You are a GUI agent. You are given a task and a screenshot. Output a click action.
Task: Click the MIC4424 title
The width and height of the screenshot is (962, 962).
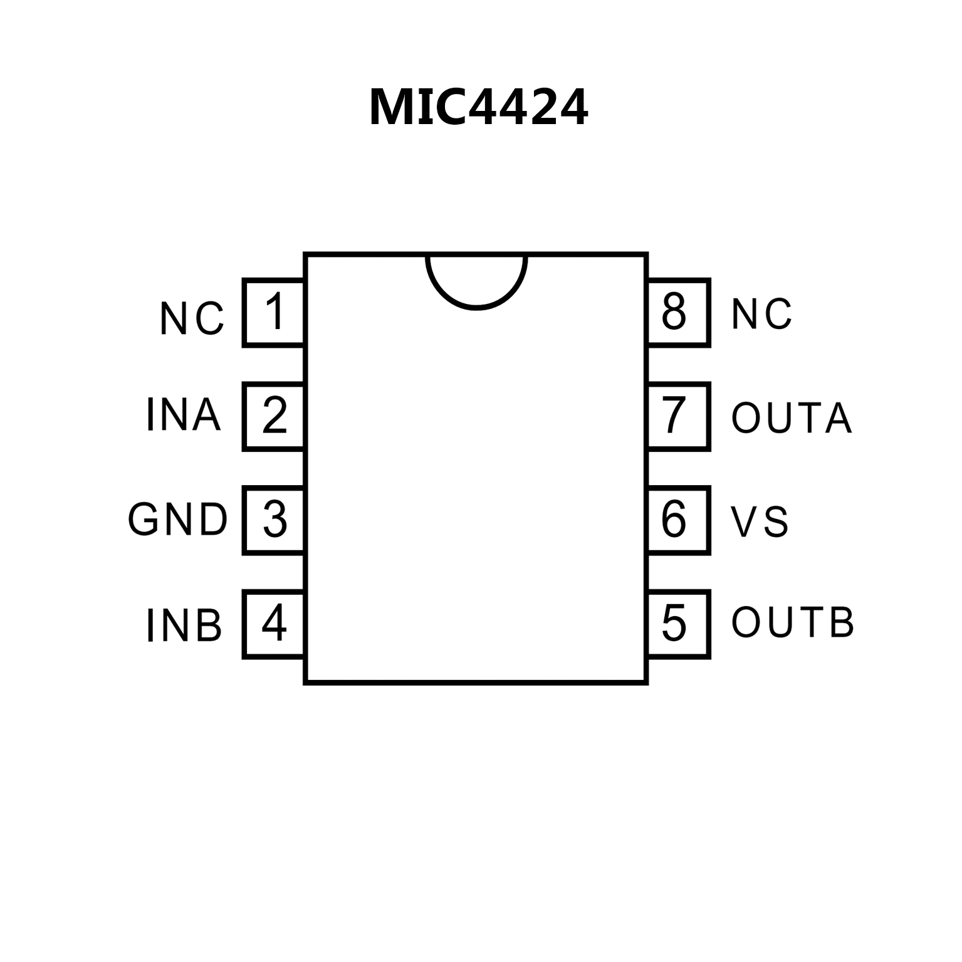(x=479, y=108)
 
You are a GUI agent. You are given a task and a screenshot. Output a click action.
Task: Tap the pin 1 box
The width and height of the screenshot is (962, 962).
(x=274, y=313)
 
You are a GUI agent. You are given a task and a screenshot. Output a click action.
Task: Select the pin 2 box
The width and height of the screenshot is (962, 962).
(x=274, y=416)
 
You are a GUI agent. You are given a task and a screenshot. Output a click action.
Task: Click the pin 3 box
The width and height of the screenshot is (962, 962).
(x=274, y=520)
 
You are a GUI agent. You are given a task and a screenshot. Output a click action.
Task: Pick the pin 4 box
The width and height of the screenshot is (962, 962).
(x=274, y=624)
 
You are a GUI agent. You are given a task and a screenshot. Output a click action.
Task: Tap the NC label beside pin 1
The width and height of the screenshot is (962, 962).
(x=192, y=318)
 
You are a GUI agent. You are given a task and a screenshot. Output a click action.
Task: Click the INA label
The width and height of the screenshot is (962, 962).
(x=183, y=415)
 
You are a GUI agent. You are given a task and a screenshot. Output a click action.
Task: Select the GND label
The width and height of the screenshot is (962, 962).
(x=178, y=520)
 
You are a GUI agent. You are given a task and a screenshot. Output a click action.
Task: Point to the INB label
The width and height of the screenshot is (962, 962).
(x=184, y=625)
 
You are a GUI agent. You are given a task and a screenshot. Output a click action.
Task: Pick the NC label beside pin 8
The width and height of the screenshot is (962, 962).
(x=761, y=313)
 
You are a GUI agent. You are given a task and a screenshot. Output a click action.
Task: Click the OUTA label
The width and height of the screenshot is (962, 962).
(x=792, y=417)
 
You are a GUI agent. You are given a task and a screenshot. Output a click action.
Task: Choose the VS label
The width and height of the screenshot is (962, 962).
(x=760, y=521)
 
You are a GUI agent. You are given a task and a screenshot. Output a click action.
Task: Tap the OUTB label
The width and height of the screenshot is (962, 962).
(x=793, y=622)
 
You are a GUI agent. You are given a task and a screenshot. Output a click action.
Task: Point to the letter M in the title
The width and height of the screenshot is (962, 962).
(x=392, y=108)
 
